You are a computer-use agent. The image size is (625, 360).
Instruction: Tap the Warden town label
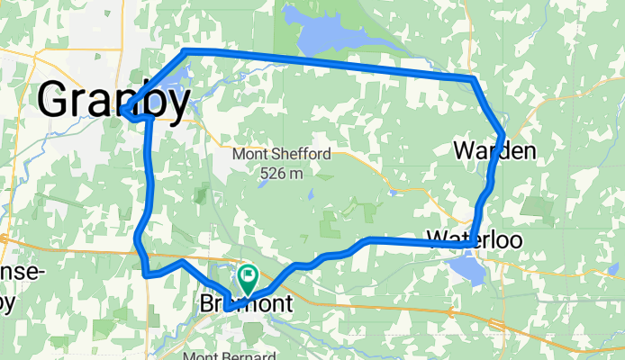point(494,149)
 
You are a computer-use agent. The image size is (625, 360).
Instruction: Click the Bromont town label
point(244,305)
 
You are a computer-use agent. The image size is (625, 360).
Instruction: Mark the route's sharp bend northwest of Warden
point(474,80)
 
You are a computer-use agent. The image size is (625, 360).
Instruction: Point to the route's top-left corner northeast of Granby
point(186,50)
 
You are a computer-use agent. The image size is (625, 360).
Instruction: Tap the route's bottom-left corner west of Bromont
point(145,273)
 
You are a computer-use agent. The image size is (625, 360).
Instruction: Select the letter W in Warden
point(464,149)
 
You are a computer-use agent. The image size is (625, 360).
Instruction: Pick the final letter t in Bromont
point(287,305)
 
